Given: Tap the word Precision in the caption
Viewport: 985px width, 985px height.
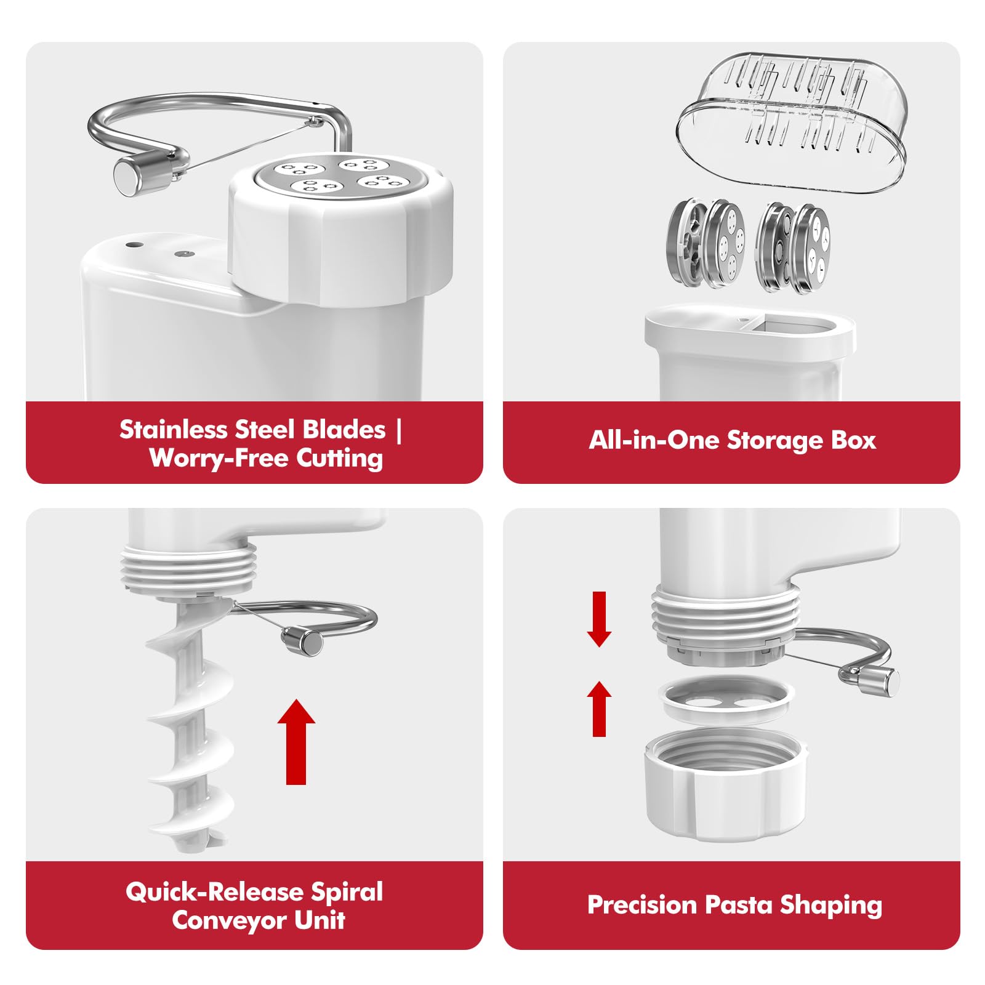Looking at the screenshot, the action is (642, 905).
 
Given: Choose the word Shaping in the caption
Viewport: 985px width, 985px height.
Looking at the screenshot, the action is (831, 906).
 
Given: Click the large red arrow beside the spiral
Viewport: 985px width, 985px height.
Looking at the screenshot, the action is (296, 741).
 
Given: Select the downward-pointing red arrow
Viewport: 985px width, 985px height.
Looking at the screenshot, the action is (599, 619).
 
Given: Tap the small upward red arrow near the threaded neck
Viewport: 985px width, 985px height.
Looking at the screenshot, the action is (599, 708).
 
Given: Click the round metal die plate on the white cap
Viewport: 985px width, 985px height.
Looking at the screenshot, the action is (338, 178).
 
